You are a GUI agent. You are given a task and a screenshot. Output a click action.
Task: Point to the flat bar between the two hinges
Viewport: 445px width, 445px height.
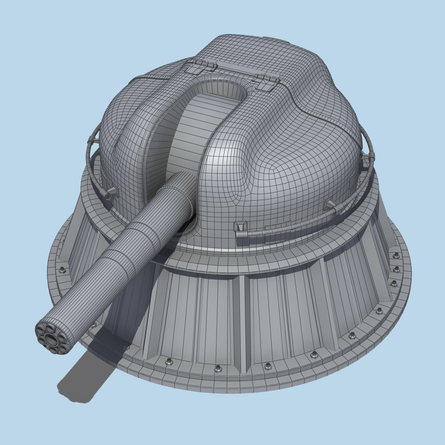pyautogui.click(x=234, y=70)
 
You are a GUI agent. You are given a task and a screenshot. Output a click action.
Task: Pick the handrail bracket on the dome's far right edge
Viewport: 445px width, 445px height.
pyautogui.click(x=371, y=156)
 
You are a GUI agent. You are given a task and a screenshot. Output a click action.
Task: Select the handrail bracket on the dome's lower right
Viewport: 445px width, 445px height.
pyautogui.click(x=330, y=205)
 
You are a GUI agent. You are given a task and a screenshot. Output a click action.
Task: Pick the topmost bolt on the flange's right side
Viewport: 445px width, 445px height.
pyautogui.click(x=396, y=256)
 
